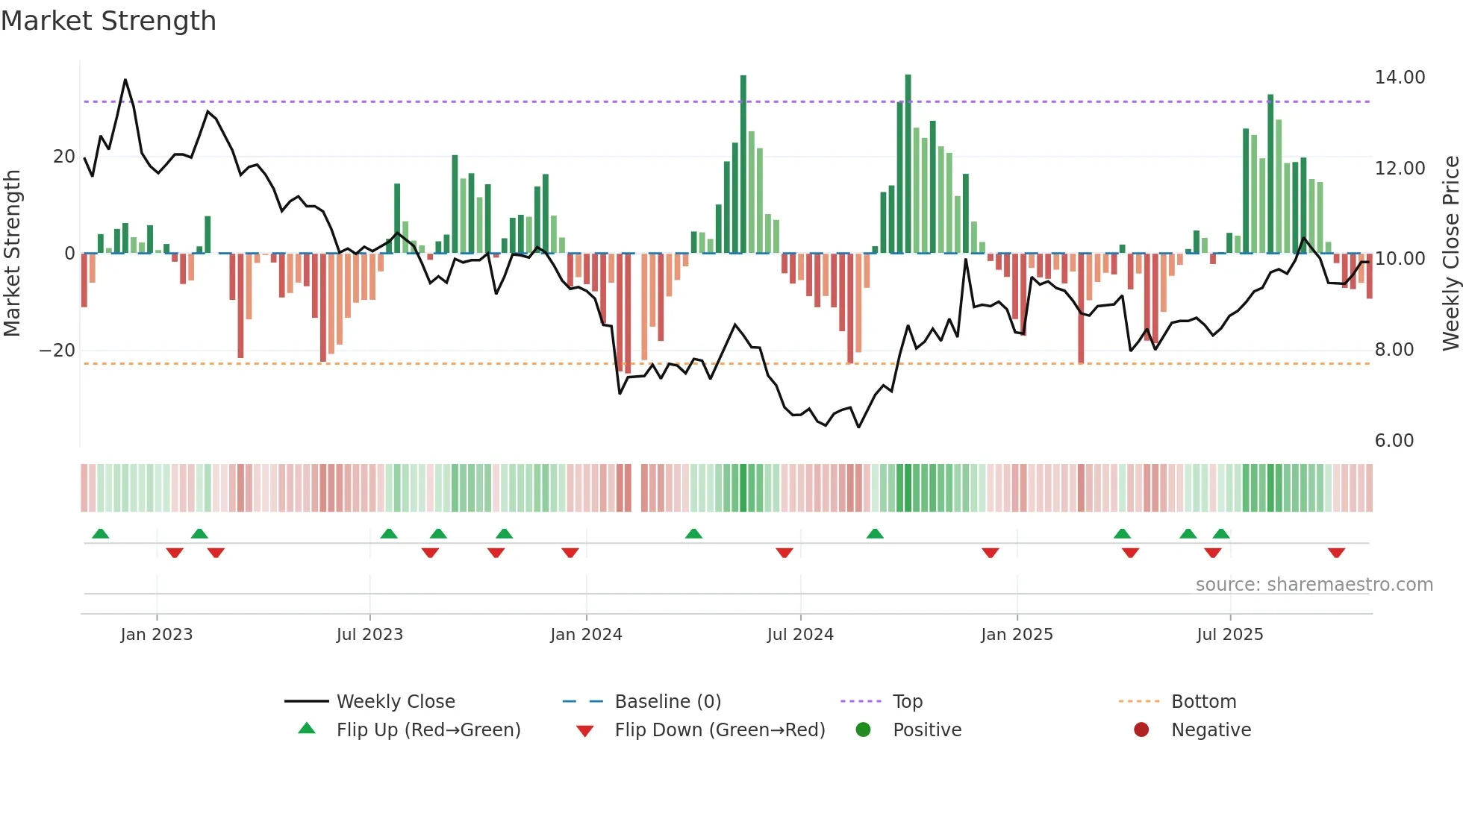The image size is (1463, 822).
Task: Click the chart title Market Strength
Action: [108, 21]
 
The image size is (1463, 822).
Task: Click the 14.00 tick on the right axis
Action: [1400, 78]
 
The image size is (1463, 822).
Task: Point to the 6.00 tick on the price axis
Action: [1394, 441]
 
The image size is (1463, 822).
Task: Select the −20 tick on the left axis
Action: [57, 351]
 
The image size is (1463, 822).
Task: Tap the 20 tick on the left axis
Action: [64, 157]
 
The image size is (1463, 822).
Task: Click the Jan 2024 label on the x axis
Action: [586, 635]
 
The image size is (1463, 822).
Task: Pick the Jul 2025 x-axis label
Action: [1229, 635]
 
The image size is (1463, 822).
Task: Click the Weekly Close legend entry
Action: [395, 702]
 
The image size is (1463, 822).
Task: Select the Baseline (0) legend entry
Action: [667, 702]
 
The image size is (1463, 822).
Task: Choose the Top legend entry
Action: [907, 702]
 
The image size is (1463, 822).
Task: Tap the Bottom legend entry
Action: [1203, 702]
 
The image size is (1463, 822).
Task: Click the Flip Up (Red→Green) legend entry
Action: [428, 730]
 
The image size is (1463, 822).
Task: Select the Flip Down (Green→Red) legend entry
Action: [720, 730]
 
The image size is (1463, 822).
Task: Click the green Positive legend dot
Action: [863, 730]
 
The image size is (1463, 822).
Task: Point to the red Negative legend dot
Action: [1141, 730]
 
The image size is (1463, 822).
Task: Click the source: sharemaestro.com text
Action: [1314, 585]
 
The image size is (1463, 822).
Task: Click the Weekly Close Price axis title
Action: [1450, 254]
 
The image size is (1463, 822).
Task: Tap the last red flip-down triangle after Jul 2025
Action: [1336, 553]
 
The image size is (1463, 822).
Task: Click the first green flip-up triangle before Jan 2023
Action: [100, 533]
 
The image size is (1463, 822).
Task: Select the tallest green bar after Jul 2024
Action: [908, 164]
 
